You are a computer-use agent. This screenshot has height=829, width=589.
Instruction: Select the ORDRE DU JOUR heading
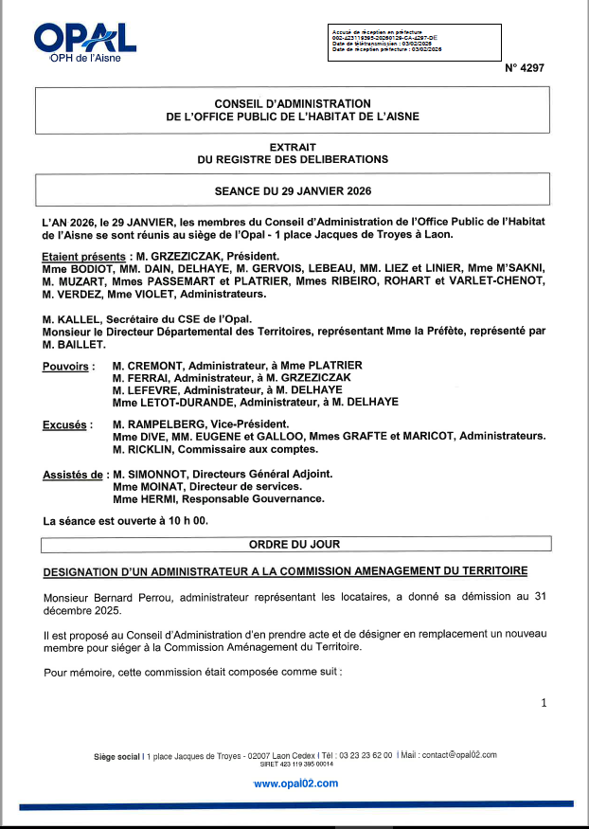click(x=294, y=545)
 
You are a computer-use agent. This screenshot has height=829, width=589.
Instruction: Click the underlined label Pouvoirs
click(x=66, y=366)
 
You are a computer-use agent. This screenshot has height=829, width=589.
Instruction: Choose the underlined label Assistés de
click(x=74, y=475)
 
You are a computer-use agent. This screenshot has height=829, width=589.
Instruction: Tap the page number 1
click(x=544, y=703)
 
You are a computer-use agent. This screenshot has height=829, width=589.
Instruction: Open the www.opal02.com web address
click(x=295, y=784)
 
